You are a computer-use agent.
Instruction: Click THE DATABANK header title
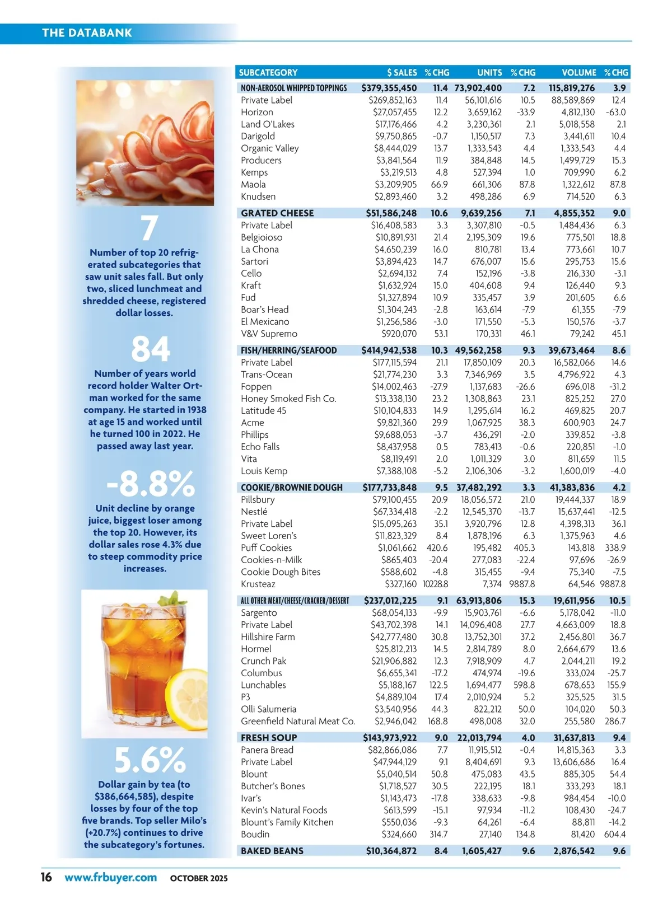coord(87,32)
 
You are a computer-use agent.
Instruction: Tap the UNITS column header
coord(489,72)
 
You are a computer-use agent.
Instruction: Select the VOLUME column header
coord(578,72)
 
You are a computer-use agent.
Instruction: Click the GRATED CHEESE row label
coord(277,213)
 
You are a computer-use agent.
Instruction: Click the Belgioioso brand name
coord(262,237)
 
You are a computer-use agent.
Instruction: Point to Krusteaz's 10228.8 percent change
coord(435,584)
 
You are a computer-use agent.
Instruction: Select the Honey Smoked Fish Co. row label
coord(288,399)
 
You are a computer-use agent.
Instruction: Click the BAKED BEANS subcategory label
coord(272,851)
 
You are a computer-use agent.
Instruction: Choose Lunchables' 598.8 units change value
coord(524,685)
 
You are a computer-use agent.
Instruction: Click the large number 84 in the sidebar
coord(150,349)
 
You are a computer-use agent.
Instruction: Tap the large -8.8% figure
coord(150,484)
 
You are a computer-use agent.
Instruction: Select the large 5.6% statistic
coord(150,760)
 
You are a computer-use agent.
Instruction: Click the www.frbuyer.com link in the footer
coord(110,877)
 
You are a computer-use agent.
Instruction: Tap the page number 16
coord(46,877)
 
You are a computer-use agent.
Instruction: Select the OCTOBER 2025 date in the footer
coord(199,878)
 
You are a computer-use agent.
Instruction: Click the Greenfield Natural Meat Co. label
coord(298,721)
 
